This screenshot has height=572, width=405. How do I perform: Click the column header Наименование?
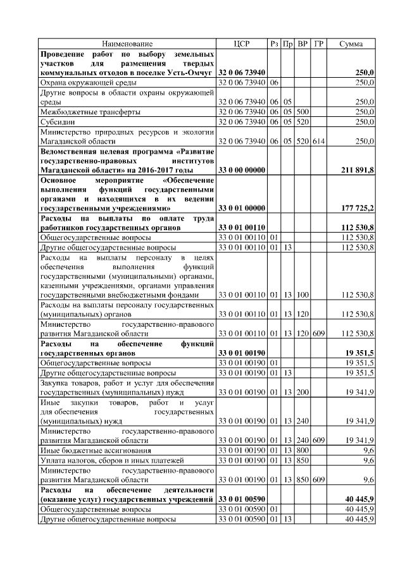tap(127, 44)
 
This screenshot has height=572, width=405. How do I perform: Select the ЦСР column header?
tap(241, 44)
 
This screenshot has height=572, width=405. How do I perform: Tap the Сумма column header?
tap(351, 44)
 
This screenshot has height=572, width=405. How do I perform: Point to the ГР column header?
tap(318, 44)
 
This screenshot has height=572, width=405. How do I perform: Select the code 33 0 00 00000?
tap(241, 170)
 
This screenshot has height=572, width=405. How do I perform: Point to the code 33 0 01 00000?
tap(241, 207)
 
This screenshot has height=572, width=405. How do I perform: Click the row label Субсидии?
tap(58, 121)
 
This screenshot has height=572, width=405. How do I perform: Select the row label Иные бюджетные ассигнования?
tap(96, 450)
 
